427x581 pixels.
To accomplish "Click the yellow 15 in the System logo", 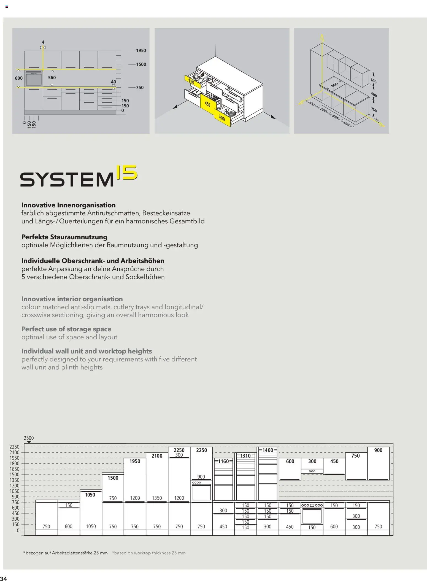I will [x=127, y=172].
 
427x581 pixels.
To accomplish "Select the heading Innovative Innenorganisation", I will [x=68, y=205].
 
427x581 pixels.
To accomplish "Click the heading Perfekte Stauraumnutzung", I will [x=64, y=237].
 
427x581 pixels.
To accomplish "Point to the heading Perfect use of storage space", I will [x=66, y=329].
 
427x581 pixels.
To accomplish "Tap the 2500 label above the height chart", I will [x=29, y=438].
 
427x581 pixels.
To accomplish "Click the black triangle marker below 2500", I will [x=29, y=442].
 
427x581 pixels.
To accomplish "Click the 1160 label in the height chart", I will [x=223, y=461].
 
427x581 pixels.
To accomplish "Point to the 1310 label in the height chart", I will [x=245, y=456].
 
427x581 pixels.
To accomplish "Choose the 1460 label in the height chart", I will [x=267, y=450].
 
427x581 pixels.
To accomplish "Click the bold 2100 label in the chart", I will [x=157, y=456].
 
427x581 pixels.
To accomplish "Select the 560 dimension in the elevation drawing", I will [x=52, y=78].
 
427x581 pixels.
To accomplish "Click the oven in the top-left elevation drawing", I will [x=34, y=79].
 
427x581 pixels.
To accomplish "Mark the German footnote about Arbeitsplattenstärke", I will [x=65, y=553].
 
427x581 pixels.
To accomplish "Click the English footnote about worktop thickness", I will [x=149, y=553].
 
